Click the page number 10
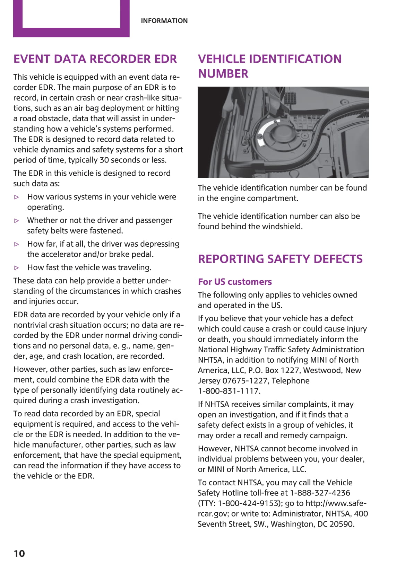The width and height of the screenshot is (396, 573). [x=19, y=553]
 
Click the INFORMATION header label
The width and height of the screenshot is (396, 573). [x=164, y=21]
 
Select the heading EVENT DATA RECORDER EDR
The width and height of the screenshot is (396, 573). [x=95, y=59]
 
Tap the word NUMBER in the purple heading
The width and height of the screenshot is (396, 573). [x=223, y=74]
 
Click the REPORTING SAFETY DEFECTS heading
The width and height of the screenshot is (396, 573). [x=280, y=259]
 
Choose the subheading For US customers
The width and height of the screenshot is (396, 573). [x=235, y=282]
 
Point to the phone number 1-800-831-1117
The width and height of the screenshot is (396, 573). [x=229, y=391]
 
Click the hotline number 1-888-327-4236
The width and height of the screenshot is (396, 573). [x=320, y=493]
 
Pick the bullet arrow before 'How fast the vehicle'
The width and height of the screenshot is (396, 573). [x=17, y=267]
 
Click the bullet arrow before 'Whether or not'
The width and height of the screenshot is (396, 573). [x=17, y=220]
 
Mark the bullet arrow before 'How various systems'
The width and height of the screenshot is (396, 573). [x=17, y=197]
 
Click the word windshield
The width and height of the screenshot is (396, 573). [x=282, y=227]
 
